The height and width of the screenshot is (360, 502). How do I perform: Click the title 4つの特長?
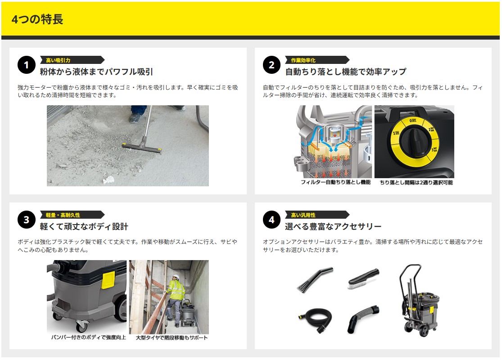coord(37,19)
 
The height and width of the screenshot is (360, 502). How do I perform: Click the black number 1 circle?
coord(27,65)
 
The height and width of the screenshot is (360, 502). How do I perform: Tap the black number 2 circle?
coord(271,65)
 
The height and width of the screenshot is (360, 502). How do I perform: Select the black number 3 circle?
coord(27,220)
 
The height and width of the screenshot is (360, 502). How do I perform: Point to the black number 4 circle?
coord(271,220)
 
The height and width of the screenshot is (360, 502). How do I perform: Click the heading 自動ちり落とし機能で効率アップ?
coord(346,72)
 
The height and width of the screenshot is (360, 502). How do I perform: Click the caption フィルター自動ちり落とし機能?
coord(335,182)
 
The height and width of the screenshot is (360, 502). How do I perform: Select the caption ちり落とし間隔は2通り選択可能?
coord(416,182)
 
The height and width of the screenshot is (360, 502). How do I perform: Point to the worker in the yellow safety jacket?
coord(175,298)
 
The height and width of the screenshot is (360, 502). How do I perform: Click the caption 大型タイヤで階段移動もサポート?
coord(172,337)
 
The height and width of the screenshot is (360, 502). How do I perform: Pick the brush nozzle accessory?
coord(363,279)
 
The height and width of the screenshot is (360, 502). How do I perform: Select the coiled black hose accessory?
coord(314,320)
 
